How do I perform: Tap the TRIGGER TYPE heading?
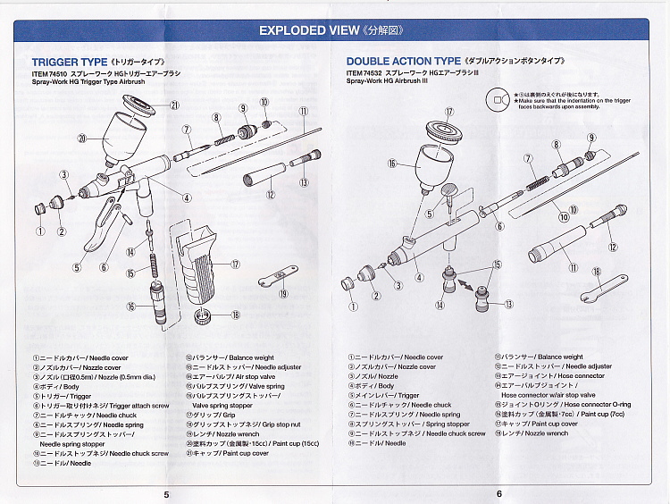(x=70, y=62)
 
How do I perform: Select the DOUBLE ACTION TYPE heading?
(x=403, y=62)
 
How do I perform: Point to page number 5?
(x=166, y=493)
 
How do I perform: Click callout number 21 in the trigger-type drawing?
(x=174, y=105)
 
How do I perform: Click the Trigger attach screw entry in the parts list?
(x=90, y=405)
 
